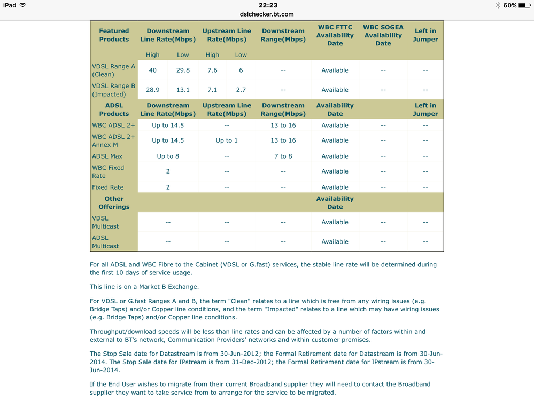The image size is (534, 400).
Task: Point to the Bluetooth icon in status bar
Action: (498, 5)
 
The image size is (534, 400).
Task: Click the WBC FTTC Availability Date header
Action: (335, 35)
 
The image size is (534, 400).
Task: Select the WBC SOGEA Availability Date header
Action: (383, 35)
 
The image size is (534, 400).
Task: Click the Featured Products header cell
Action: (114, 35)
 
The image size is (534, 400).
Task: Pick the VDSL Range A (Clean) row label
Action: (113, 70)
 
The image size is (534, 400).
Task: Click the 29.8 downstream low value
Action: (183, 70)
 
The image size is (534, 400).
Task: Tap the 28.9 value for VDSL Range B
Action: (153, 90)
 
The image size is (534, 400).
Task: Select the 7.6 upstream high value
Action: (212, 70)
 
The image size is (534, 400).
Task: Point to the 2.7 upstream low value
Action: (241, 90)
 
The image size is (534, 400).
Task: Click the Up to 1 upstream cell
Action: (227, 140)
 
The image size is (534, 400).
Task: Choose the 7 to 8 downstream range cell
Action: (283, 156)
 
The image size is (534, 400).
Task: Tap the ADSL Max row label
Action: (107, 156)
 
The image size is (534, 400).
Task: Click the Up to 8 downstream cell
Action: (168, 156)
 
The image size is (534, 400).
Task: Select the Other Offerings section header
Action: (114, 202)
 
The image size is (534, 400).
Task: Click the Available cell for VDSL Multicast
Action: (335, 222)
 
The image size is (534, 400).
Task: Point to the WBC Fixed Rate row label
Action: (108, 171)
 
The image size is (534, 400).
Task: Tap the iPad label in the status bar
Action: (10, 5)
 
